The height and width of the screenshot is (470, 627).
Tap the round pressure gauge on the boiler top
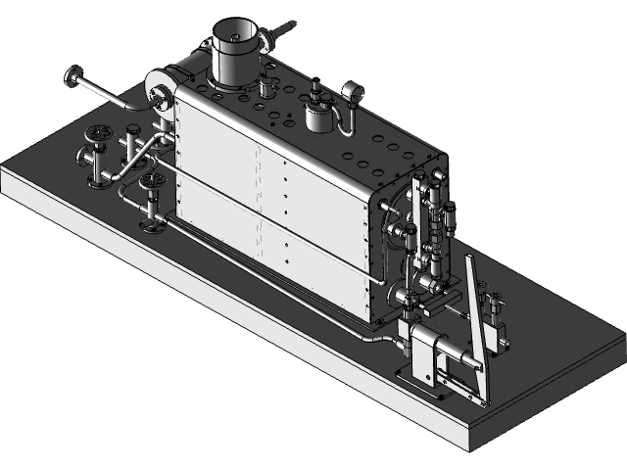coord(351,93)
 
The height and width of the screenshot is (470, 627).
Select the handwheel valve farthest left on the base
coord(95,137)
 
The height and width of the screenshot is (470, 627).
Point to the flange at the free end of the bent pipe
coord(72,76)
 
